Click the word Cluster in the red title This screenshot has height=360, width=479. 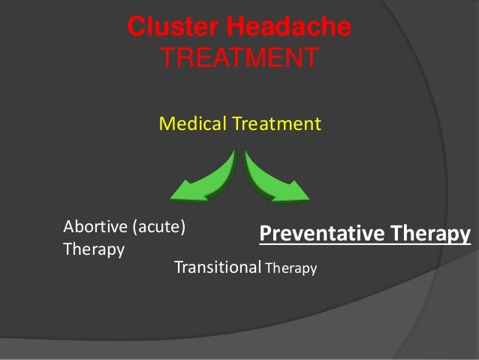click(x=165, y=28)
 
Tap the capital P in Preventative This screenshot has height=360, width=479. click(x=264, y=234)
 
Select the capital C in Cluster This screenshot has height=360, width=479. click(x=135, y=28)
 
